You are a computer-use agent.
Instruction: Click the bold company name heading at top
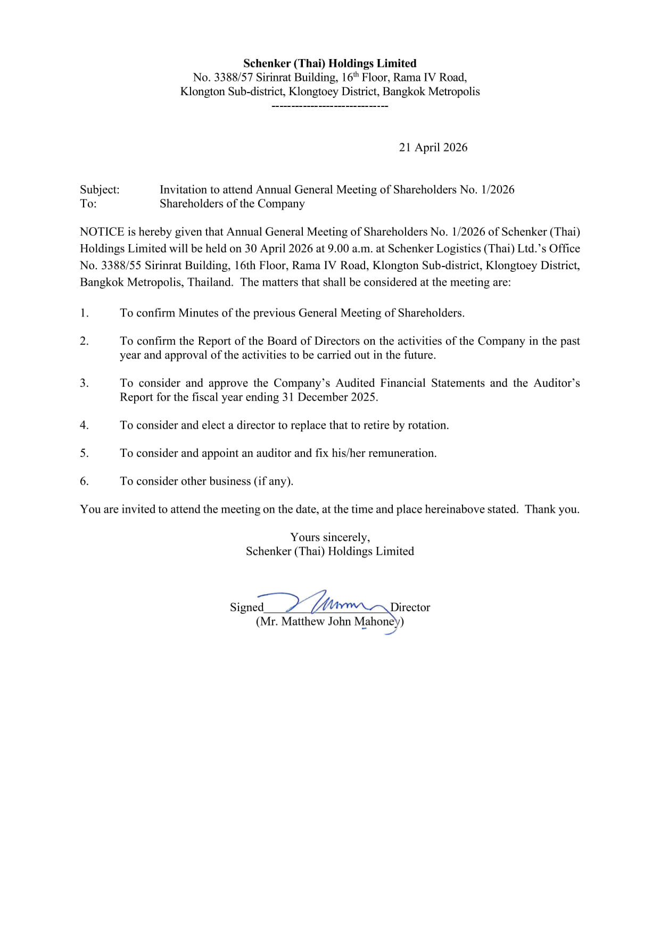point(329,63)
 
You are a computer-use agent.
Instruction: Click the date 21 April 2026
point(433,147)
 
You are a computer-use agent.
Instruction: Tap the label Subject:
point(100,189)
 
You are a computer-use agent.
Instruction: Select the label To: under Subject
point(88,204)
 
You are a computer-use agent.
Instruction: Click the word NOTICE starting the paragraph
point(102,232)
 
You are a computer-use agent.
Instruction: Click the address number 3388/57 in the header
point(233,78)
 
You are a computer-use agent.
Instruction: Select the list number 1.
point(84,313)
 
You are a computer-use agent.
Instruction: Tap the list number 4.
point(84,425)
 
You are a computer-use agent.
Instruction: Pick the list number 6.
point(84,481)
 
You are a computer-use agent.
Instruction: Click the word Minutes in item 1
point(198,313)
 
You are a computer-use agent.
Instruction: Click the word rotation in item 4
point(427,425)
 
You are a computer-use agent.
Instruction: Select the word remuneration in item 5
point(402,453)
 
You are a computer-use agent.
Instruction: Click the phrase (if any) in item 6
point(273,481)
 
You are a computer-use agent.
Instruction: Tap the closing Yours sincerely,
point(329,537)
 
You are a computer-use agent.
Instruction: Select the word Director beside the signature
point(410,607)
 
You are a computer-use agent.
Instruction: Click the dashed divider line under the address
point(329,106)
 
